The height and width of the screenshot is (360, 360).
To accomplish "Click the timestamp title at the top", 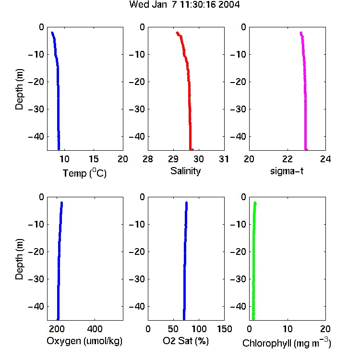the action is tap(184, 4).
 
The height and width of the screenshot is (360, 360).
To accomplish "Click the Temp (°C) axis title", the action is tap(84, 173).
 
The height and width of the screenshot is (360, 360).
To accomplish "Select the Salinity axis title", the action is tap(185, 171).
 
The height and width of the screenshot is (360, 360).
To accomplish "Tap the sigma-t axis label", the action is tap(287, 171).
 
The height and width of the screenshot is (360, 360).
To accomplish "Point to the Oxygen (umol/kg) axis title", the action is tap(84, 341).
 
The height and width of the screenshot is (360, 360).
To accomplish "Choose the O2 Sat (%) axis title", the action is tap(186, 341).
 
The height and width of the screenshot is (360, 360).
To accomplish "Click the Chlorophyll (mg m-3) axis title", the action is tap(287, 343).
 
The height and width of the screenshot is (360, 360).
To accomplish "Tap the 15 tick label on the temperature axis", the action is tap(94, 159).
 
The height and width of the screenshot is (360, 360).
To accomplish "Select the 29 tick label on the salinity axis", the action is tap(173, 159).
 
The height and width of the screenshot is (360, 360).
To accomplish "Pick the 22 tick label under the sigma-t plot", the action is tap(288, 159).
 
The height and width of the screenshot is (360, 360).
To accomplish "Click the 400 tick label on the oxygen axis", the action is tap(95, 329).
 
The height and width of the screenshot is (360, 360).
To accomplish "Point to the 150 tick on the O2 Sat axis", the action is tap(225, 329).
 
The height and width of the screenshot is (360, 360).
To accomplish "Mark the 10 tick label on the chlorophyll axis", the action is tap(288, 329).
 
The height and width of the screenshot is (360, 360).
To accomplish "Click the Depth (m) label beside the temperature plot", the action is tap(19, 89).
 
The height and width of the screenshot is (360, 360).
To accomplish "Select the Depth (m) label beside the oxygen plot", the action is tap(19, 259).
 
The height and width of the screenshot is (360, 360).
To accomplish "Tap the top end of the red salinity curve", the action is tap(177, 33).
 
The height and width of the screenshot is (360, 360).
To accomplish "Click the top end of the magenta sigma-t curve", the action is tap(301, 33).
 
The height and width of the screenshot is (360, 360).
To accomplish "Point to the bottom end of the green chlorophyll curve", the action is tap(253, 319).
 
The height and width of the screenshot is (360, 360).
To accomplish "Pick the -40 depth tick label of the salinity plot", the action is tap(137, 137).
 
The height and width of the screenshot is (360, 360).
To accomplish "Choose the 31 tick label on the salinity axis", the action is tap(224, 159).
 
